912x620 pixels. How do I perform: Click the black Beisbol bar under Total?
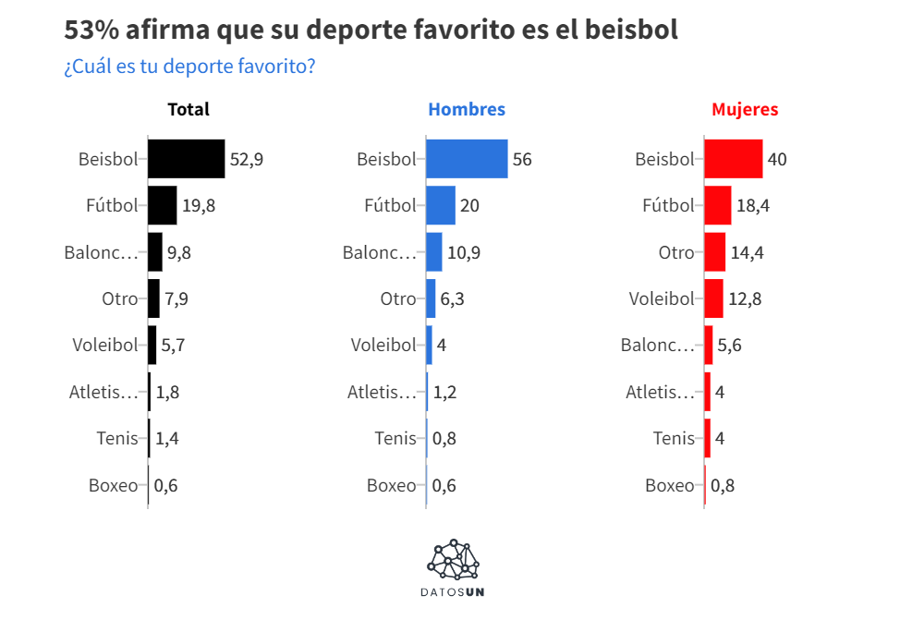(186, 159)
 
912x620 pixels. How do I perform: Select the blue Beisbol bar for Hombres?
(467, 159)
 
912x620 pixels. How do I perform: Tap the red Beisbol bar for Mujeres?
(733, 159)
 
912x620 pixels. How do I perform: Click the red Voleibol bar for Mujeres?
(713, 298)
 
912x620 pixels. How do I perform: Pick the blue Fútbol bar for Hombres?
(441, 205)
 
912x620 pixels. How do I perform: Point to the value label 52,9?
(247, 159)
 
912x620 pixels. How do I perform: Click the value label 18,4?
(753, 205)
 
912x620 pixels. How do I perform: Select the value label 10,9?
(464, 252)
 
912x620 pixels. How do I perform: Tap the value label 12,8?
(745, 298)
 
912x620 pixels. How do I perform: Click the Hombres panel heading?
(467, 109)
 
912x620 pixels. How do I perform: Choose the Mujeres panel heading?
(745, 109)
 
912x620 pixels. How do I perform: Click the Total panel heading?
(188, 109)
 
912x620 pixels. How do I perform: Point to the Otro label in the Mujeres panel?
(675, 252)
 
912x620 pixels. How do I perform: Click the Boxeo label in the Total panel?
(113, 485)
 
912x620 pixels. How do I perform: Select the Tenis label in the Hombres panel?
(395, 438)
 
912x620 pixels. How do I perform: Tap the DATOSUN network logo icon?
(455, 557)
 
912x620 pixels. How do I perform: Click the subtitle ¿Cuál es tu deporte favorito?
(189, 67)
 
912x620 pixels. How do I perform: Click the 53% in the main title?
(91, 30)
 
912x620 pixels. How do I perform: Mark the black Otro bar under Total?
(153, 298)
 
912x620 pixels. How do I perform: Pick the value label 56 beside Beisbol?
(522, 159)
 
